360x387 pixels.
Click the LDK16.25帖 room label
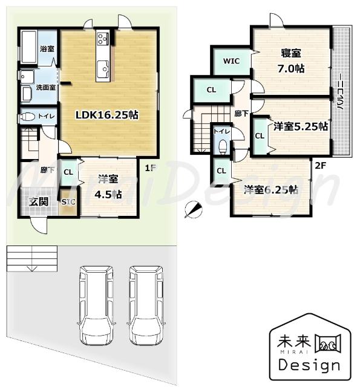click(x=106, y=115)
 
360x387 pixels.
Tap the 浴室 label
click(x=46, y=48)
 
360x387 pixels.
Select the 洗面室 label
click(x=45, y=87)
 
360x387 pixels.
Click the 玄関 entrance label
click(x=40, y=201)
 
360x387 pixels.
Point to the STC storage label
click(x=68, y=202)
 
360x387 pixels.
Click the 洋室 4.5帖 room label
click(x=109, y=186)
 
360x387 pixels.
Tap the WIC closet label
click(x=231, y=61)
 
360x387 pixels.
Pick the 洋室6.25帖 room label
click(x=270, y=189)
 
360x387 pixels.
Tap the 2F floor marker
click(x=321, y=163)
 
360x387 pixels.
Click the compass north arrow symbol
click(x=194, y=208)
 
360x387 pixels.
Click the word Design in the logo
click(x=309, y=365)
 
